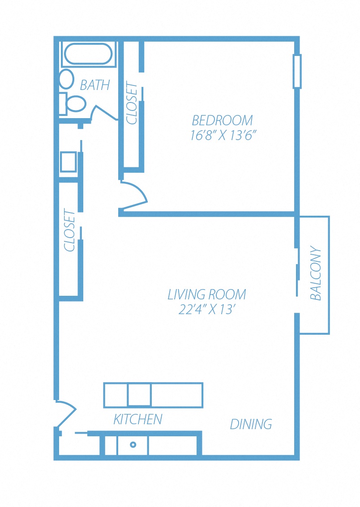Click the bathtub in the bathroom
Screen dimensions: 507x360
pos(88,54)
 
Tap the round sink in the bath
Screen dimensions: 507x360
pos(66,79)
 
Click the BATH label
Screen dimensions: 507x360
pos(95,85)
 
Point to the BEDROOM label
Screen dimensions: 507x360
pos(222,120)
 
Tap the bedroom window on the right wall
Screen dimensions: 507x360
pos(297,71)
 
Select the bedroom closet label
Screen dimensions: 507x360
pos(132,103)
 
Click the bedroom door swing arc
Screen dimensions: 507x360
pos(136,196)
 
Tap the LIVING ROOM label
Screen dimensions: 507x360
pos(207,294)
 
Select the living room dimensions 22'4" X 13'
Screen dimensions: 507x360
pos(207,310)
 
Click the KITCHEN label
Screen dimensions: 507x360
pos(137,419)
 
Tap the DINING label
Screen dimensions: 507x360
pos(251,424)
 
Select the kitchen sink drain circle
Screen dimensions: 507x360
pos(133,445)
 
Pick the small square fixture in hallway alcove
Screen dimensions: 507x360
pos(68,162)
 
